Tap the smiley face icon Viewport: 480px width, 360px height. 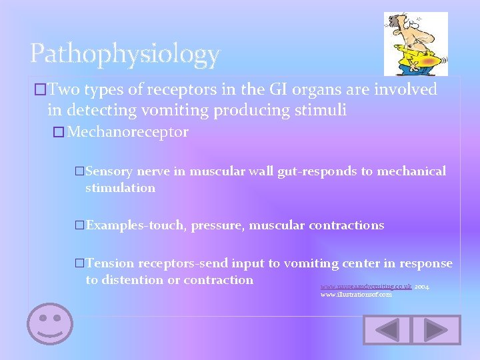click(x=49, y=324)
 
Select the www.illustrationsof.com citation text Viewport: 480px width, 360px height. click(x=356, y=295)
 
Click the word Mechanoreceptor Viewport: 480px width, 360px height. click(x=128, y=132)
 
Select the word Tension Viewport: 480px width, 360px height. click(x=110, y=263)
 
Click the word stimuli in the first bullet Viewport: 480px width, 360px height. click(x=323, y=110)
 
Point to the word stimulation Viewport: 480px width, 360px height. click(x=120, y=188)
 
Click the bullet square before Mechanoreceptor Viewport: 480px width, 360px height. click(x=58, y=133)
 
